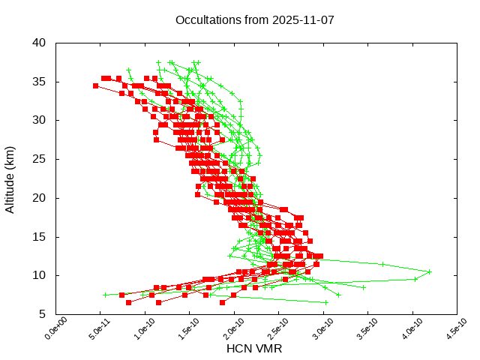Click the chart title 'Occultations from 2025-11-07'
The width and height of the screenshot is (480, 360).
tap(254, 19)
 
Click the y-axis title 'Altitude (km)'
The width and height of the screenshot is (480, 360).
tap(10, 178)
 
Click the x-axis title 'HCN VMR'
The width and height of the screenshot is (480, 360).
tap(254, 349)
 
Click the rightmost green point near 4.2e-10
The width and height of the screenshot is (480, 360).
tap(430, 271)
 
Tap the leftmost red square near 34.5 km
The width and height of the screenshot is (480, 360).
tap(96, 85)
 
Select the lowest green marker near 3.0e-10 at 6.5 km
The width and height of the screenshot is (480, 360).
tap(326, 302)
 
